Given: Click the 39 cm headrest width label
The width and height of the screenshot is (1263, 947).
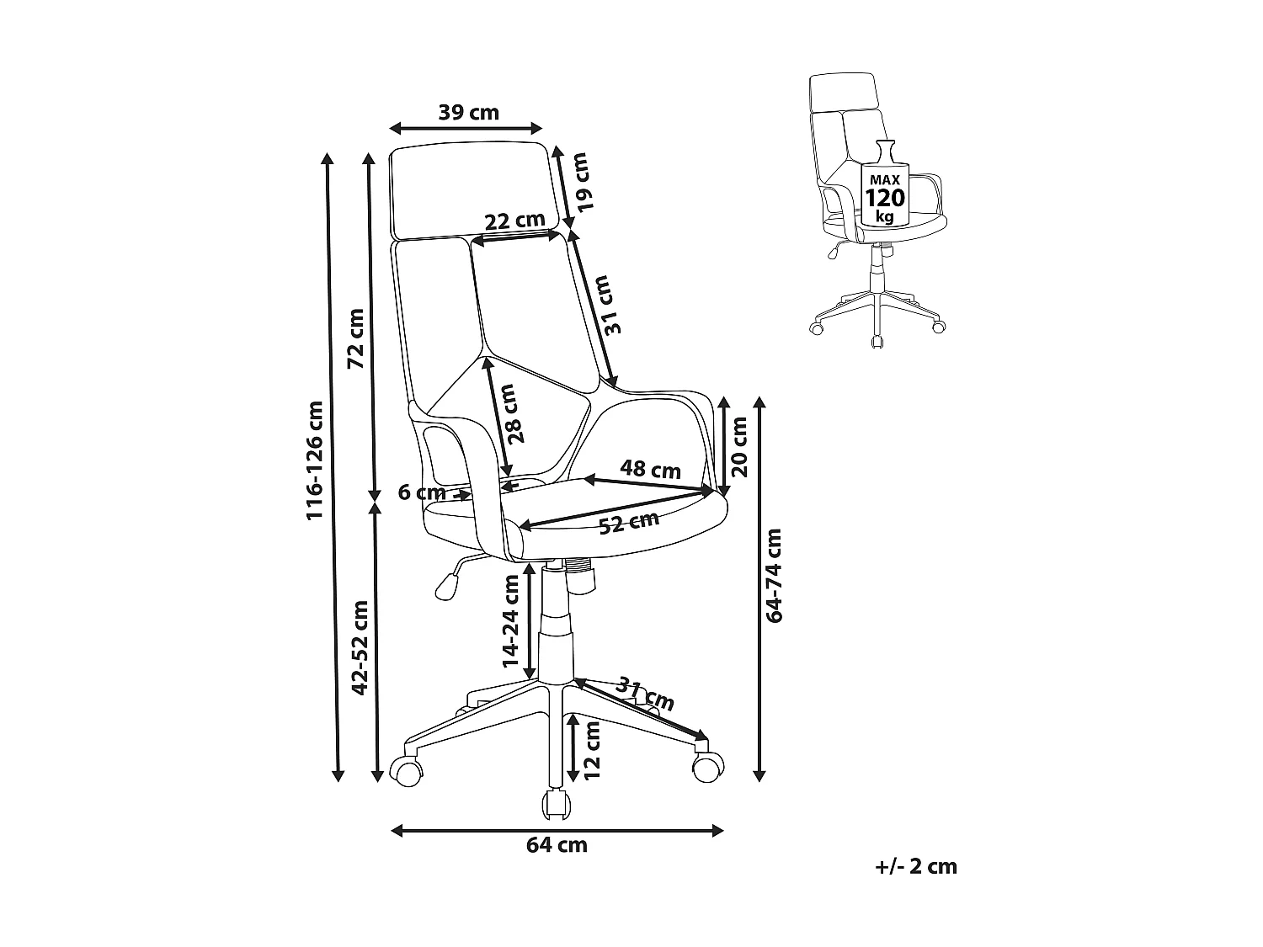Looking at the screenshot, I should click(x=468, y=112).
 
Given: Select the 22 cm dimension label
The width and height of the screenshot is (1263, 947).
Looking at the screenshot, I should click(x=515, y=221).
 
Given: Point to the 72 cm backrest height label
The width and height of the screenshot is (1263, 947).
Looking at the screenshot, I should click(x=356, y=338).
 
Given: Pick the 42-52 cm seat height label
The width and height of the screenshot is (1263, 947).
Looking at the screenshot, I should click(x=360, y=647).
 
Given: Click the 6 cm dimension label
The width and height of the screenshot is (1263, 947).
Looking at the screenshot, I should click(x=422, y=492).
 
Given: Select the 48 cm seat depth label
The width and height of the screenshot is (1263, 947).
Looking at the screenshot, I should click(x=650, y=469).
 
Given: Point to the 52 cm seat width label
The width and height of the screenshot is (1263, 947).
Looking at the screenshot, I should click(x=629, y=524).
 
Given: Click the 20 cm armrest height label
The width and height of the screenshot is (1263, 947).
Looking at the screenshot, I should click(x=739, y=446).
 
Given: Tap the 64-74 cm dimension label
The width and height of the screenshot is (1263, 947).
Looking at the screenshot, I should click(x=775, y=575).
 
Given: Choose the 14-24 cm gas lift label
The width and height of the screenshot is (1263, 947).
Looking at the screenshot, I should click(x=511, y=621).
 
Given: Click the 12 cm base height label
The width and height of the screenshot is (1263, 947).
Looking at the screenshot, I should click(x=592, y=749).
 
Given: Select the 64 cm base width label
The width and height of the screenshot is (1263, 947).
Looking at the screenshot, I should click(x=557, y=845).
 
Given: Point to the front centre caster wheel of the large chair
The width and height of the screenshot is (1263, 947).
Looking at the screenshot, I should click(x=554, y=803).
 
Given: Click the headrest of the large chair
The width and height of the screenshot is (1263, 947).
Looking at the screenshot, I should click(x=476, y=189).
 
